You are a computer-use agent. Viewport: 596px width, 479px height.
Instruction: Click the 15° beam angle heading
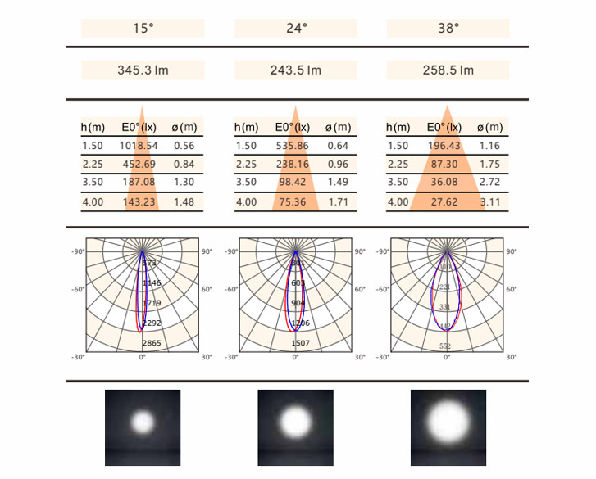tap(143, 28)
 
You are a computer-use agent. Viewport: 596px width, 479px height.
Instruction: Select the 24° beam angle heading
tap(296, 28)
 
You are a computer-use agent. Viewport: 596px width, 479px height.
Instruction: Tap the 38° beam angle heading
tap(448, 28)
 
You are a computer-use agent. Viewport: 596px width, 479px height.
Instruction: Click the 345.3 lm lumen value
tap(143, 70)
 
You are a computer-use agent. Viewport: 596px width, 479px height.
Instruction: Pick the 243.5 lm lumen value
tap(296, 70)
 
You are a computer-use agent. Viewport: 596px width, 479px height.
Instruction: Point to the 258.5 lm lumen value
tap(448, 70)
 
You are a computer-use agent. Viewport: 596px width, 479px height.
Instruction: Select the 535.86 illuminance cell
tap(293, 146)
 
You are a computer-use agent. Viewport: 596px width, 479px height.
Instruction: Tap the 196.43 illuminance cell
tap(444, 146)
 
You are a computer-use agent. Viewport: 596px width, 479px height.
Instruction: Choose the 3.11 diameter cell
tap(491, 201)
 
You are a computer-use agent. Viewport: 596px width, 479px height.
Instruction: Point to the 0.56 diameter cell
tap(184, 146)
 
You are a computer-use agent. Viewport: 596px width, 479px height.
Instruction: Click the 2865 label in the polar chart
tap(152, 343)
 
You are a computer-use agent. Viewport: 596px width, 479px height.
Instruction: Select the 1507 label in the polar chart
tap(301, 343)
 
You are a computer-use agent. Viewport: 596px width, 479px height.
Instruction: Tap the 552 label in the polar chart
tap(445, 346)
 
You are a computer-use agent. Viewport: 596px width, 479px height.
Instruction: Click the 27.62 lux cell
tap(444, 201)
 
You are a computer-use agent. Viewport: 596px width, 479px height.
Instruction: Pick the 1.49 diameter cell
tap(338, 183)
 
